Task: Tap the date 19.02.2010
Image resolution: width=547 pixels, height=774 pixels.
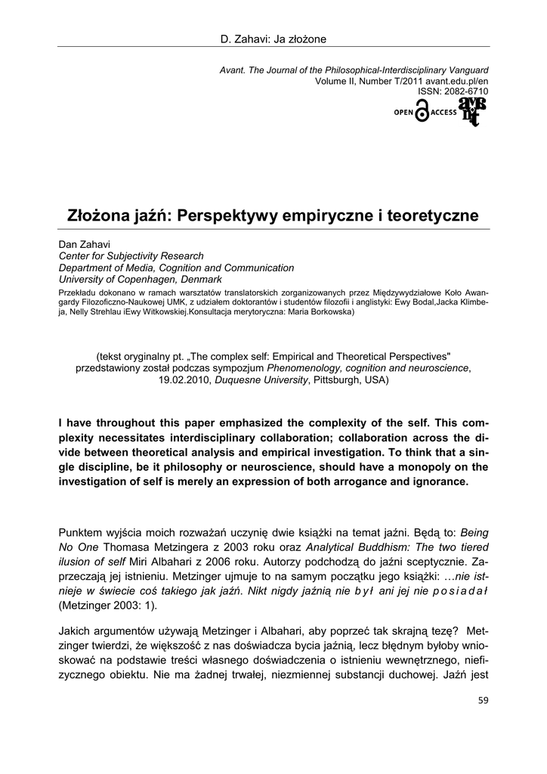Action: (x=185, y=379)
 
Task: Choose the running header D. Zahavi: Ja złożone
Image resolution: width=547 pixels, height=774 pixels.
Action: (x=273, y=37)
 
